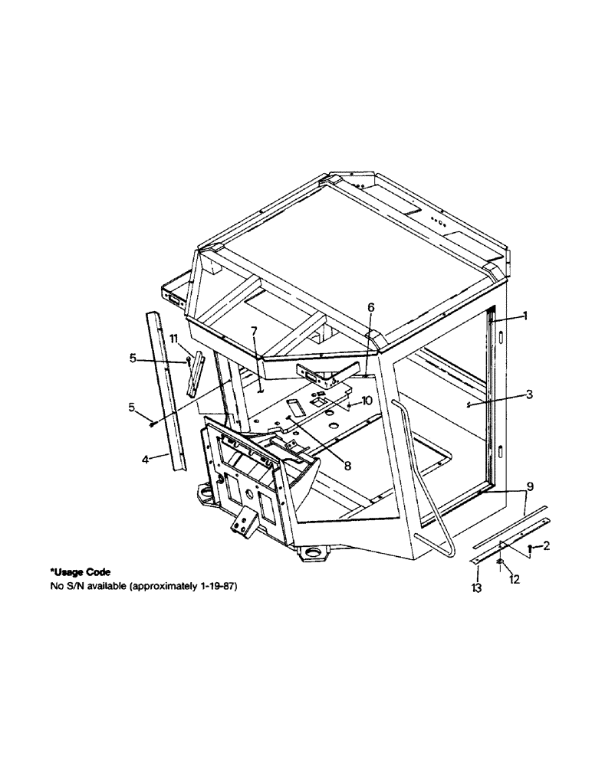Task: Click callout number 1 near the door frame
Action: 525,316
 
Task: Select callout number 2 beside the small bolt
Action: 546,546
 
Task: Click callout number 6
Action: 371,307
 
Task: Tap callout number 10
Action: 367,400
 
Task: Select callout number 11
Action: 174,338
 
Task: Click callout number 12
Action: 515,580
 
